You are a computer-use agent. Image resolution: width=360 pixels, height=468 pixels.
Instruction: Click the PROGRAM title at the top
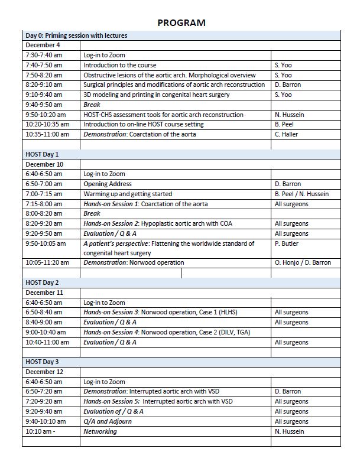coord(181,23)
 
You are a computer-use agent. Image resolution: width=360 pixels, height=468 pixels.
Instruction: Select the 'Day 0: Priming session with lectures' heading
coord(76,35)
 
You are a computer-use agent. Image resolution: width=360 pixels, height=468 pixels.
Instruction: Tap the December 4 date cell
coord(43,45)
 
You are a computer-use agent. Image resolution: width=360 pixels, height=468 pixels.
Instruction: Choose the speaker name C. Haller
coord(287,134)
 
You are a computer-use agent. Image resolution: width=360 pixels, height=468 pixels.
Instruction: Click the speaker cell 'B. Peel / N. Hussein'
coord(301,194)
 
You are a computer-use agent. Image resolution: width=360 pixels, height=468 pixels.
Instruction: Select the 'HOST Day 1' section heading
coord(42,154)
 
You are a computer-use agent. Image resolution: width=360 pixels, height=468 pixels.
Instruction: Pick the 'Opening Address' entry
coord(107,184)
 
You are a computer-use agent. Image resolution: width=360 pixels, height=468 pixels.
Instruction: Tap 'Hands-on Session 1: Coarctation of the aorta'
coord(145,204)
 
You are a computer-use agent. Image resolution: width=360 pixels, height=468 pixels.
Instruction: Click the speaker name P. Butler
coord(287,243)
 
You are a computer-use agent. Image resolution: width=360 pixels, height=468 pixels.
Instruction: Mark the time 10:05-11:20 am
coord(47,262)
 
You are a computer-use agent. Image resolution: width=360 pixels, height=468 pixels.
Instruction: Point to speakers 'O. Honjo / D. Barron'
coord(303,262)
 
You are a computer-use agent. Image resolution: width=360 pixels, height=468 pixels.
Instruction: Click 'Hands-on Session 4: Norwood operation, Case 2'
coord(167,332)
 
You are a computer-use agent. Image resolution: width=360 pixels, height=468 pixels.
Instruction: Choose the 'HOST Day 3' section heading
coord(42,362)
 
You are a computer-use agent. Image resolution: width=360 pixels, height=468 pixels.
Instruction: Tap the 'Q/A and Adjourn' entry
coord(108,421)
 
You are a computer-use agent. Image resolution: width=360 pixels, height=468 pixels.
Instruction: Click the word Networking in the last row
coord(100,431)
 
